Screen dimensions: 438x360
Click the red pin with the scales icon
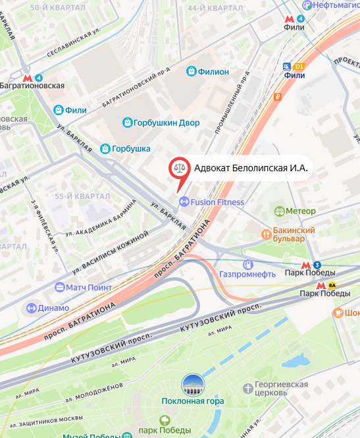point(178,169)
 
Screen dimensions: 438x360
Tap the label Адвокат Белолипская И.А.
point(251,168)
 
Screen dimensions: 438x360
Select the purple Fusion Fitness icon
point(184,202)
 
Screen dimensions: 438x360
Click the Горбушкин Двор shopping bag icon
point(128,122)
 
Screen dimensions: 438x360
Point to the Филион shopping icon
point(192,71)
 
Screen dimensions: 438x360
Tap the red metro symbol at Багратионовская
point(27,77)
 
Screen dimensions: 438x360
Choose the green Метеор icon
point(279,211)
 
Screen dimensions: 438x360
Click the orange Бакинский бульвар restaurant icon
point(267,234)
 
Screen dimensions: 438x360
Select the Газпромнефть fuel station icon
point(248,265)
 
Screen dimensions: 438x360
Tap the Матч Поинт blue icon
point(60,288)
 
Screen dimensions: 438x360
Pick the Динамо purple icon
point(31,308)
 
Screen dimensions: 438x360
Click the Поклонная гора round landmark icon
point(193,385)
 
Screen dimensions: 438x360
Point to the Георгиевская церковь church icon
point(247,388)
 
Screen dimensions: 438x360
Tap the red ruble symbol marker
point(278,97)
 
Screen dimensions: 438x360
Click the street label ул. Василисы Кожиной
point(111,252)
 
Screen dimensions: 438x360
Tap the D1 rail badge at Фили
point(299,67)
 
